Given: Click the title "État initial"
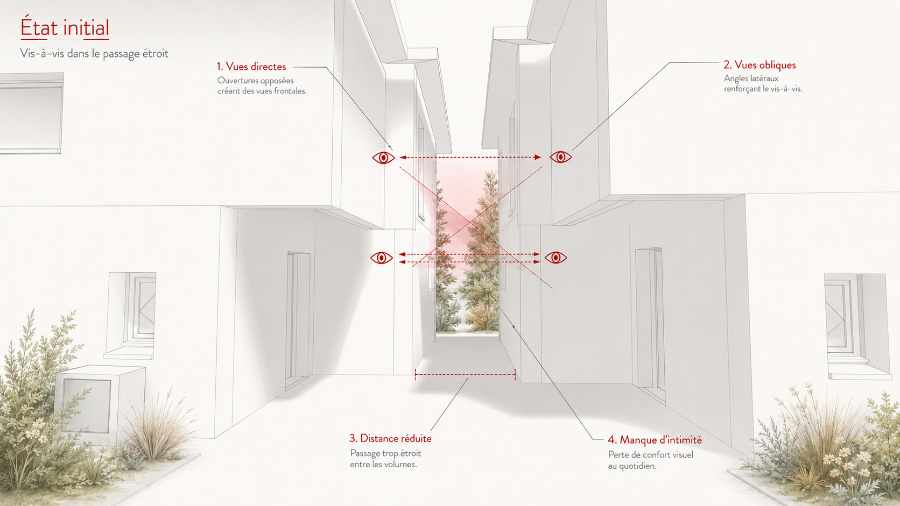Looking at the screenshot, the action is pos(65,27).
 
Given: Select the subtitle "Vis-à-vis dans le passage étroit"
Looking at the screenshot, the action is pos(94,53).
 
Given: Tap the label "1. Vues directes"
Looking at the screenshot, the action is pos(251,66).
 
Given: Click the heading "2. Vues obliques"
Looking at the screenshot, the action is pos(760,65).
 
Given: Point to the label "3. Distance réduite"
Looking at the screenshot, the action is pos(391,438).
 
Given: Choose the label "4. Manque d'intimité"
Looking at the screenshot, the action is pos(655,440).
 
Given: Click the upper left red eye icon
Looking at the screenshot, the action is pos(383,158).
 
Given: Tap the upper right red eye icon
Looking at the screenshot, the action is pos(560,157).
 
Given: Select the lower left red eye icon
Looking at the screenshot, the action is pos(381,258).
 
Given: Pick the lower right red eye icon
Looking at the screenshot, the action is pos(556,258).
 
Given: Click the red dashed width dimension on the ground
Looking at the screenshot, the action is pos(465,375).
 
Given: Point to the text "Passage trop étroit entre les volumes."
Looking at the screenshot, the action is pos(386,459).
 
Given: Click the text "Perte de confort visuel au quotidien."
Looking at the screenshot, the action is pos(650,460).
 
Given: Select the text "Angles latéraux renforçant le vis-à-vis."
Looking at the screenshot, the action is pos(763,83).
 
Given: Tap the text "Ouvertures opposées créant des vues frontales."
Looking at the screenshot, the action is pos(262,85).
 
